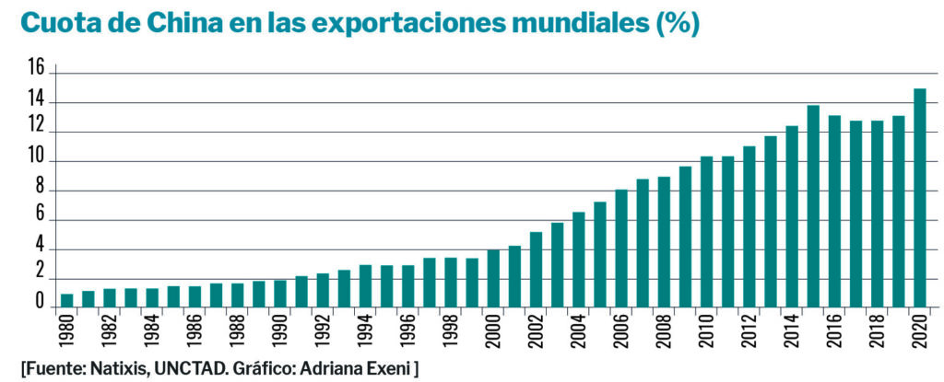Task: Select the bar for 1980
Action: tap(66, 301)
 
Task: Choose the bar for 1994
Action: tap(365, 286)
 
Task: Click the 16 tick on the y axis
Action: tap(36, 68)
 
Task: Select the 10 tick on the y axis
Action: tap(36, 156)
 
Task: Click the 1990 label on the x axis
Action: tap(280, 330)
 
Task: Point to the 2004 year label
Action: tap(579, 330)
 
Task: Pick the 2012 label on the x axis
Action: tap(749, 330)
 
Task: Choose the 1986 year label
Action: tap(195, 330)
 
